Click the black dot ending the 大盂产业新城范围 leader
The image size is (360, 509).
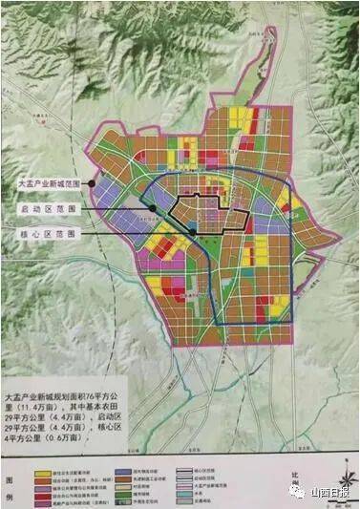(93, 181)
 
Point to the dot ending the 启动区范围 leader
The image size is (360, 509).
(152, 207)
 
